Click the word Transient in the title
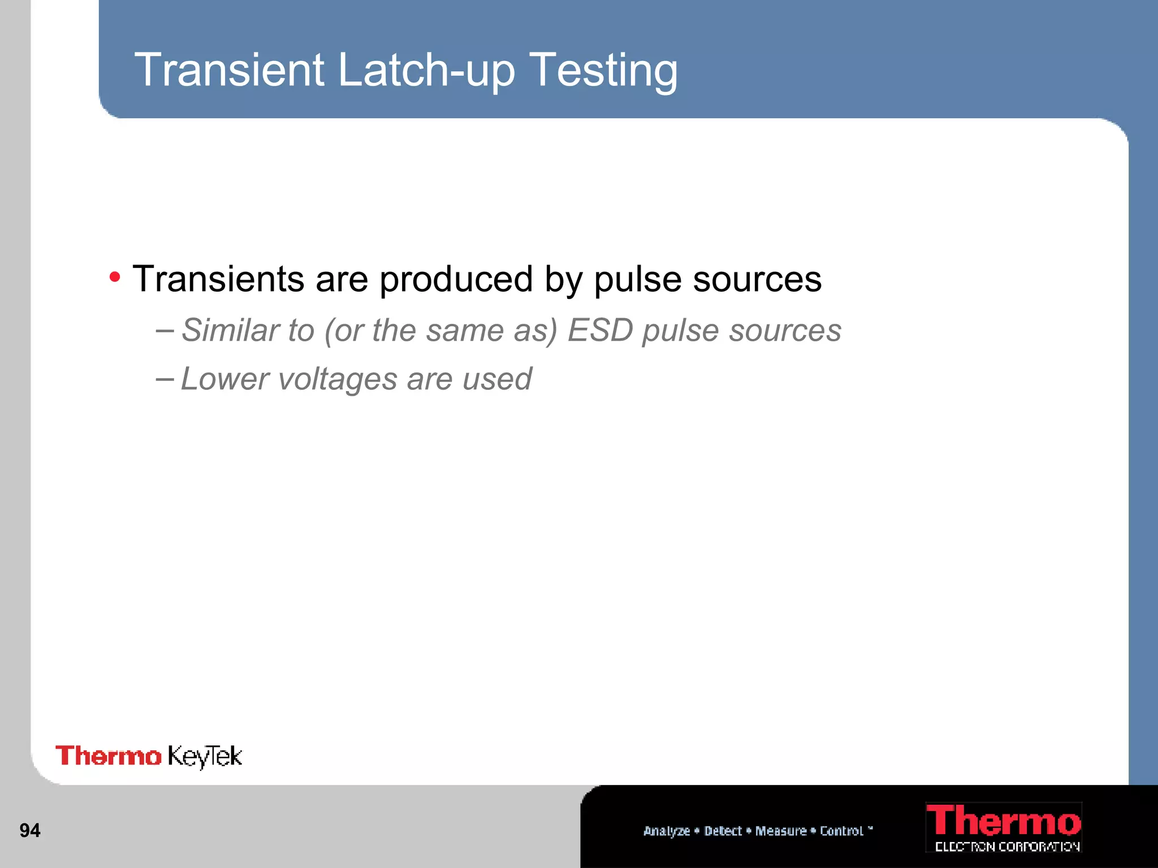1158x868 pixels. point(229,70)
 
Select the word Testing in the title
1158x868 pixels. point(604,71)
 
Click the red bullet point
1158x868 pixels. point(115,277)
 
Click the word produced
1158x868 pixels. point(456,280)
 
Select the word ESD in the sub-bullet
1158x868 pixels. point(599,330)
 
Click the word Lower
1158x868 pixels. point(224,379)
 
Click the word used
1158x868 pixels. point(497,379)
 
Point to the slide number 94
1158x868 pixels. point(30,830)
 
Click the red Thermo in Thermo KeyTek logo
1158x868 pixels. point(108,756)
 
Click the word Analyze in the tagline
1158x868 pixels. point(667,831)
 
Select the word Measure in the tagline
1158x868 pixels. point(781,831)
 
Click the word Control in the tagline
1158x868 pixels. point(841,831)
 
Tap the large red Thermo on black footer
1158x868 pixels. point(1003,821)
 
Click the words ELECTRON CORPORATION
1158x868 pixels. point(1007,847)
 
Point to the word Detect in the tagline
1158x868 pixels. point(723,831)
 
